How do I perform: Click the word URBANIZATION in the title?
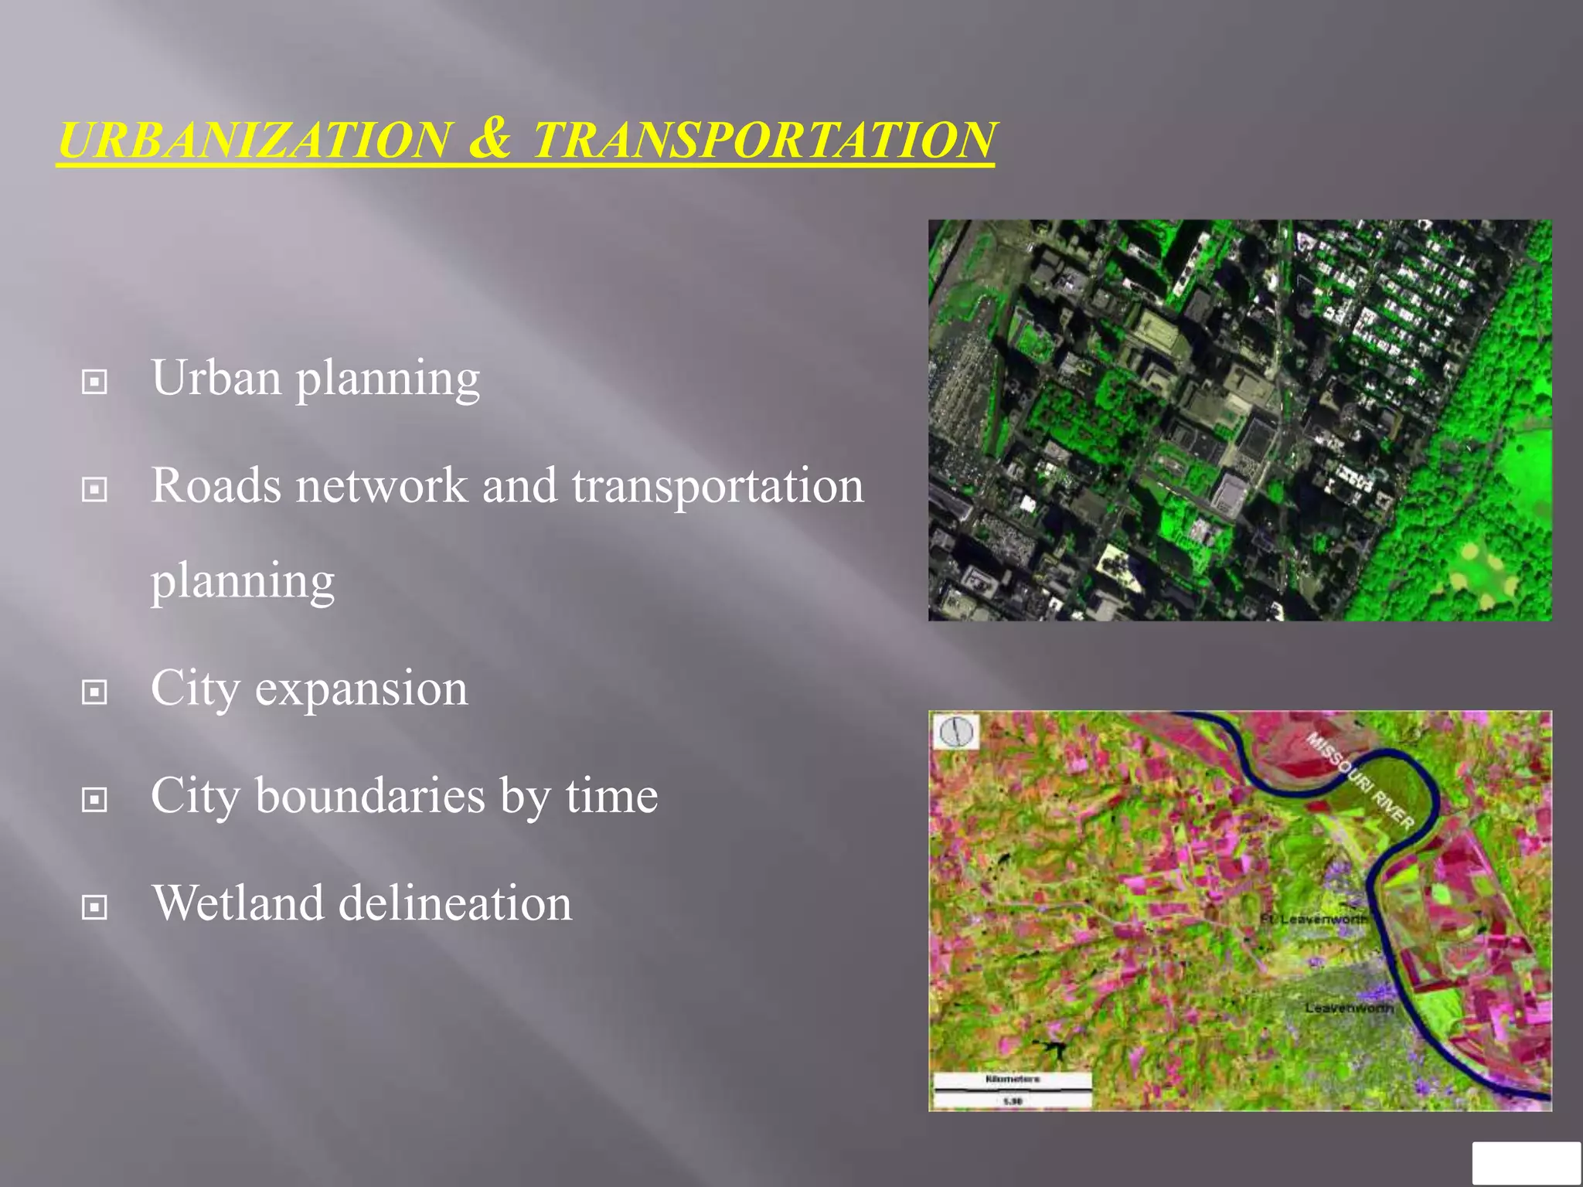(x=254, y=141)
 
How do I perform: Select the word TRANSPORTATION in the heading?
(x=763, y=141)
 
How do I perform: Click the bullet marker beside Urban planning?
(x=94, y=382)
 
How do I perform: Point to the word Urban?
(x=216, y=378)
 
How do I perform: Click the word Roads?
(x=216, y=486)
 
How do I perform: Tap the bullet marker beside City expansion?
(x=94, y=692)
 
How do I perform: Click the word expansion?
(x=361, y=689)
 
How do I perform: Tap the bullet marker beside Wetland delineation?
(x=94, y=907)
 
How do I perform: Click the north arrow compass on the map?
(x=957, y=731)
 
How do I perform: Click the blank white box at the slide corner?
(x=1526, y=1163)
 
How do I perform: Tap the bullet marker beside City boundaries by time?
(x=94, y=800)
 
